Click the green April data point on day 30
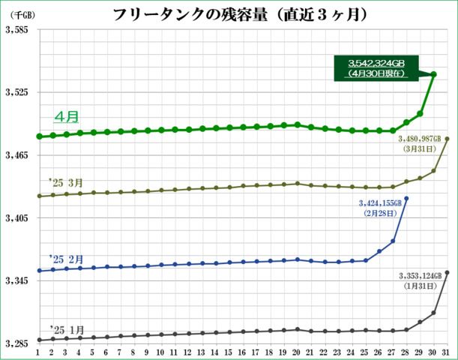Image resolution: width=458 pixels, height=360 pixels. (434, 73)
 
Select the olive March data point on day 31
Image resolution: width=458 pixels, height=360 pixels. (448, 139)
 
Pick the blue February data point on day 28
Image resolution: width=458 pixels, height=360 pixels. (406, 199)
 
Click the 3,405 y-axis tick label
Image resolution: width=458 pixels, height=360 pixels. (16, 218)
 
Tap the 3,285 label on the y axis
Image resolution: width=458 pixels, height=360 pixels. (16, 344)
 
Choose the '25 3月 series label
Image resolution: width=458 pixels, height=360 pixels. (66, 182)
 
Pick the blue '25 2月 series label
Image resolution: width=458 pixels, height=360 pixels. (66, 256)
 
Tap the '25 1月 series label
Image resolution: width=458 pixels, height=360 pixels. (66, 329)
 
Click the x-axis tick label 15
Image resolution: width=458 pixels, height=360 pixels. (229, 352)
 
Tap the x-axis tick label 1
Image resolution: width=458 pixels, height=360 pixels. (38, 352)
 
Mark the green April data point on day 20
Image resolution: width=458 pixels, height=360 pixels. (298, 124)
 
